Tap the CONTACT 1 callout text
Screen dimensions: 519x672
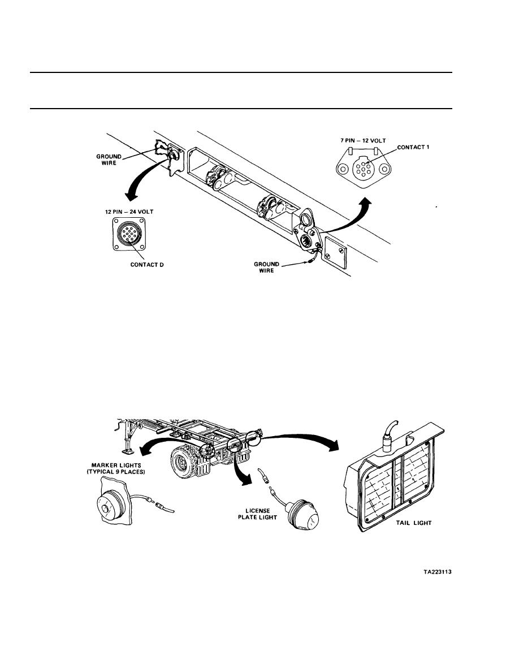413,147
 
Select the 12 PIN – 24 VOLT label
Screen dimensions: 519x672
129,212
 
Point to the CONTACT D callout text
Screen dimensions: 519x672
147,265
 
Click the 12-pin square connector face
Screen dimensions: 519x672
129,234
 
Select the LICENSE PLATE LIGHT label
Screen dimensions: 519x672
257,514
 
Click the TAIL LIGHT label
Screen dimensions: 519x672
414,523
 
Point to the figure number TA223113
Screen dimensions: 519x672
438,572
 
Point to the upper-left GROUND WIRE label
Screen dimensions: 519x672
109,160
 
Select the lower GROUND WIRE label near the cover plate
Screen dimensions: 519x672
266,268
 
